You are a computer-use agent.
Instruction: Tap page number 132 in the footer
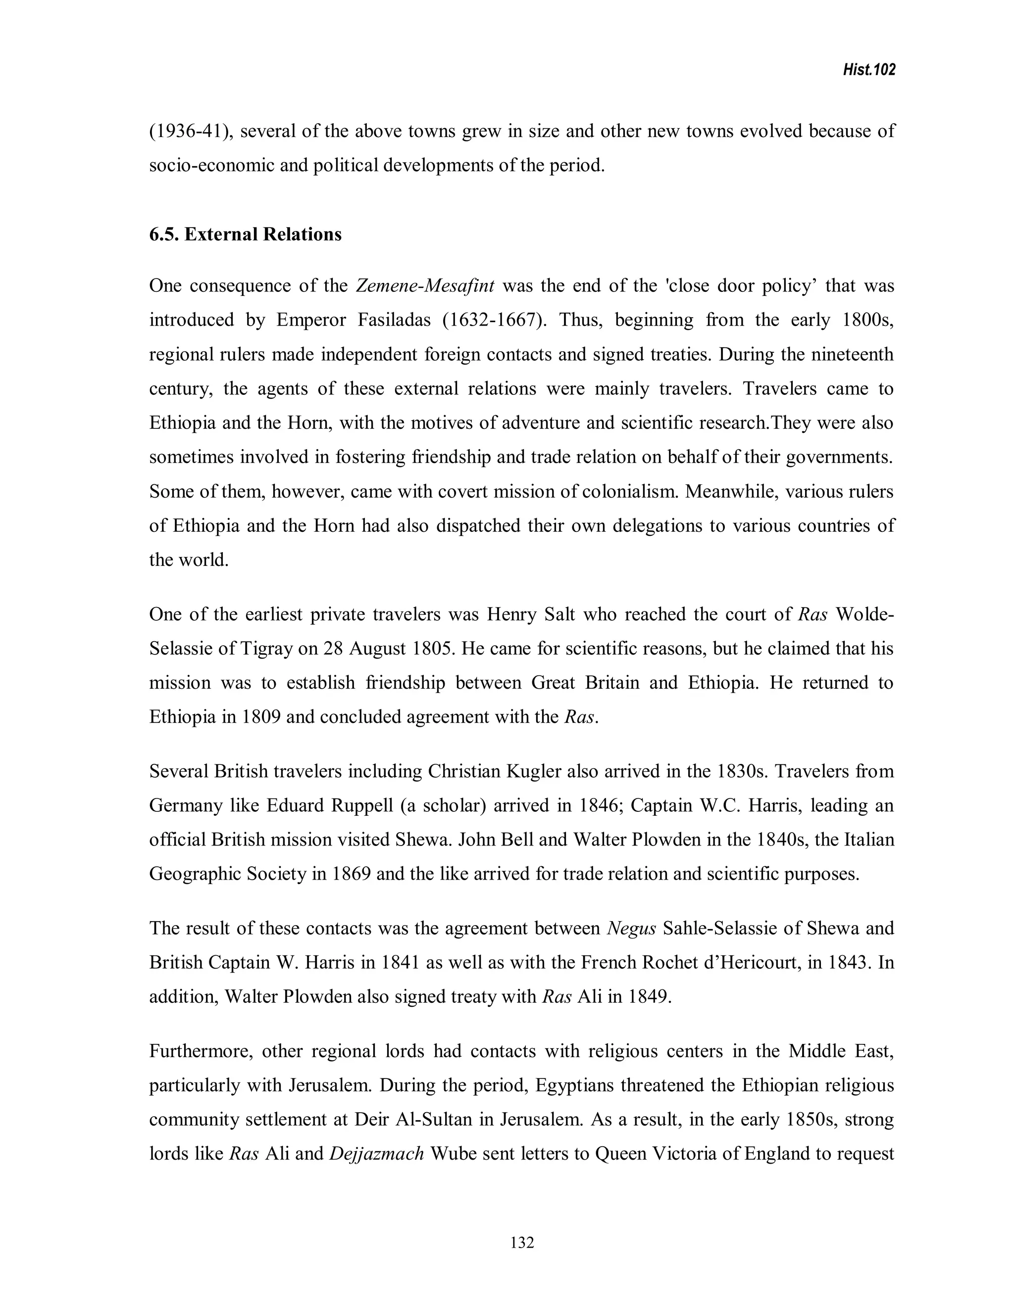click(521, 1242)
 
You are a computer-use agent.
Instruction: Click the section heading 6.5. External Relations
click(245, 234)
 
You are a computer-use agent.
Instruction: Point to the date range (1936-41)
click(191, 131)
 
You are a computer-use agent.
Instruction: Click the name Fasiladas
click(394, 320)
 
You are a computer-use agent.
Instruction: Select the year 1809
click(261, 717)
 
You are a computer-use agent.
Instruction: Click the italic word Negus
click(631, 929)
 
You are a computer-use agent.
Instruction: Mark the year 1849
click(649, 997)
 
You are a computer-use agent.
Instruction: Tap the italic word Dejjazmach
click(377, 1154)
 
